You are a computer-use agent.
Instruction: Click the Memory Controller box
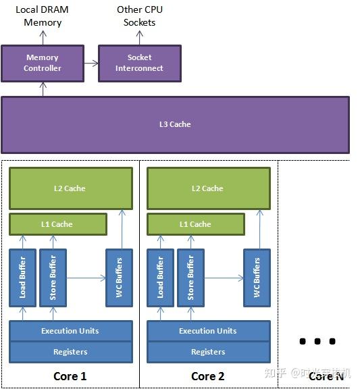pyautogui.click(x=43, y=63)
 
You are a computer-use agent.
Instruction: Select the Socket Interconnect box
pyautogui.click(x=139, y=63)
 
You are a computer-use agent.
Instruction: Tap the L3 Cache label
pyautogui.click(x=175, y=124)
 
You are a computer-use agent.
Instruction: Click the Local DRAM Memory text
pyautogui.click(x=43, y=16)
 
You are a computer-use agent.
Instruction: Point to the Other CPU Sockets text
pyautogui.click(x=139, y=16)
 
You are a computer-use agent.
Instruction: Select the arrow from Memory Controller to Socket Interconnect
pyautogui.click(x=91, y=63)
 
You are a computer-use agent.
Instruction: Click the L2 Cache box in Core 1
pyautogui.click(x=70, y=188)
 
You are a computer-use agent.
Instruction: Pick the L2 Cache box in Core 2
pyautogui.click(x=208, y=188)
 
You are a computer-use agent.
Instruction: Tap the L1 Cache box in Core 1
pyautogui.click(x=58, y=224)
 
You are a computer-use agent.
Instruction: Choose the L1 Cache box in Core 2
pyautogui.click(x=196, y=224)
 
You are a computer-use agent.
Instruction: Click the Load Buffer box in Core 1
pyautogui.click(x=22, y=277)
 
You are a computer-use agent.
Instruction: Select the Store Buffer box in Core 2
pyautogui.click(x=190, y=277)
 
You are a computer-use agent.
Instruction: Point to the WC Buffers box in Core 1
pyautogui.click(x=119, y=277)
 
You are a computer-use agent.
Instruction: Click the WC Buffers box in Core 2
pyautogui.click(x=257, y=277)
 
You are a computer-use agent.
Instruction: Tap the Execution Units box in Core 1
pyautogui.click(x=70, y=331)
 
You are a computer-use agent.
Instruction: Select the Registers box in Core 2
pyautogui.click(x=208, y=351)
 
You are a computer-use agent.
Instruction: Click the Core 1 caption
pyautogui.click(x=70, y=376)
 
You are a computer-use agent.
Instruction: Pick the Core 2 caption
pyautogui.click(x=208, y=376)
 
